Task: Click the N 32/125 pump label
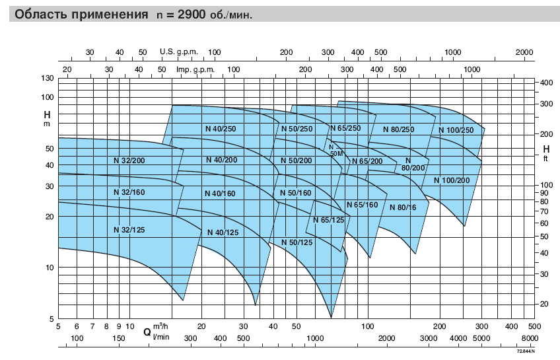pos(129,230)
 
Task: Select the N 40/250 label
pos(221,129)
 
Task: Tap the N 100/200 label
pos(452,180)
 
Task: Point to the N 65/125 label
pos(329,220)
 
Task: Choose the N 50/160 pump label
pos(296,194)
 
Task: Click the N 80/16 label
pos(403,207)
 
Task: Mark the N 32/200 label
pos(129,161)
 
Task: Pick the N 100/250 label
pos(456,130)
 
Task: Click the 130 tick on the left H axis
pos(48,78)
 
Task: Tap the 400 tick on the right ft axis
pos(546,83)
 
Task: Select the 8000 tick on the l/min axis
pos(530,338)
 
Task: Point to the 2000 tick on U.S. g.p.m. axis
pos(524,52)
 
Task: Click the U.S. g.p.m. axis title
pos(178,52)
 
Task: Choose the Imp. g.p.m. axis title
pos(195,69)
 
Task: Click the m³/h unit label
pos(160,326)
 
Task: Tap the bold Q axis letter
pos(147,332)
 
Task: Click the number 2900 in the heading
pos(192,15)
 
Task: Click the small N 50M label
pos(335,151)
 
